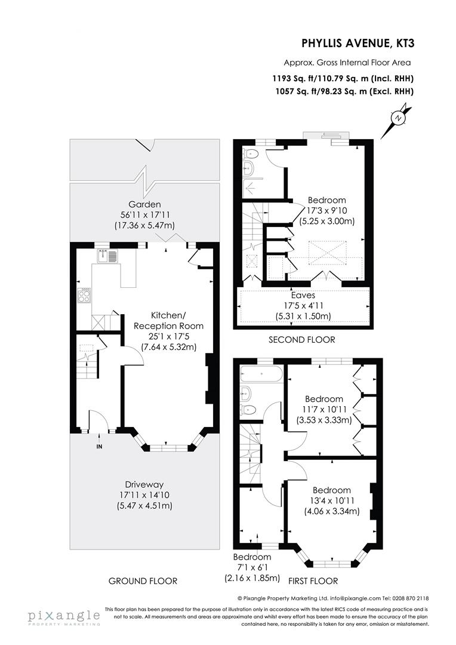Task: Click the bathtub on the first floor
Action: click(x=260, y=376)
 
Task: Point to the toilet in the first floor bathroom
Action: click(x=248, y=409)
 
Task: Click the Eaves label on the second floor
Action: click(x=303, y=294)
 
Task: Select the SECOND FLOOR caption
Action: click(x=303, y=339)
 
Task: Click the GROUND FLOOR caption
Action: click(x=143, y=580)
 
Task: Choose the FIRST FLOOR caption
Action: click(x=313, y=580)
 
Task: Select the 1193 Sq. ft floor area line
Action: click(x=343, y=78)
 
